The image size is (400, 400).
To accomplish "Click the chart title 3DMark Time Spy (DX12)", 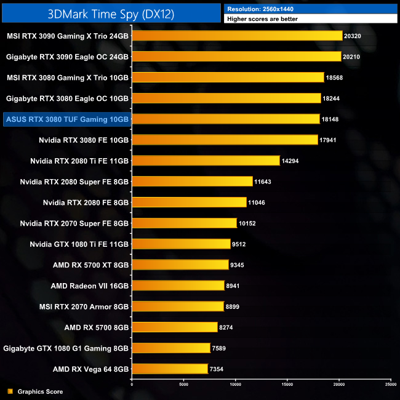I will click(111, 12).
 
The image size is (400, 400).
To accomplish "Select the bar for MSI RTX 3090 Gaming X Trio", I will click(237, 36).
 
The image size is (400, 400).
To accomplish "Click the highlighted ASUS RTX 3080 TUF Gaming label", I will click(66, 119).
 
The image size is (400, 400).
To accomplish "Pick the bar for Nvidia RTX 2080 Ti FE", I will click(206, 161).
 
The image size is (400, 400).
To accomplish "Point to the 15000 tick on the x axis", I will click(287, 384).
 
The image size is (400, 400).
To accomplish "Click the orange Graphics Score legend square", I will click(10, 391).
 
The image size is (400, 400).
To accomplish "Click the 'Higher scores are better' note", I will click(311, 19).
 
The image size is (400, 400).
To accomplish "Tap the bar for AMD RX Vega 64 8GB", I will click(170, 369).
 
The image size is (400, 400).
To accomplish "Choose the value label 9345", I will click(238, 265).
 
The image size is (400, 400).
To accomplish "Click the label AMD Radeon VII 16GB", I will click(90, 286).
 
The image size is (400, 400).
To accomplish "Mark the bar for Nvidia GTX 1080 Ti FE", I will click(181, 244).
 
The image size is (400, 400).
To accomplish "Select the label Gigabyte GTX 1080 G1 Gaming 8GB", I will click(66, 348).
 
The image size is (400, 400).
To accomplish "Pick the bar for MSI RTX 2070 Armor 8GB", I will click(178, 306).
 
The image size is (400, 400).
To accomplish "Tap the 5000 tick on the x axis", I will click(184, 384).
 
